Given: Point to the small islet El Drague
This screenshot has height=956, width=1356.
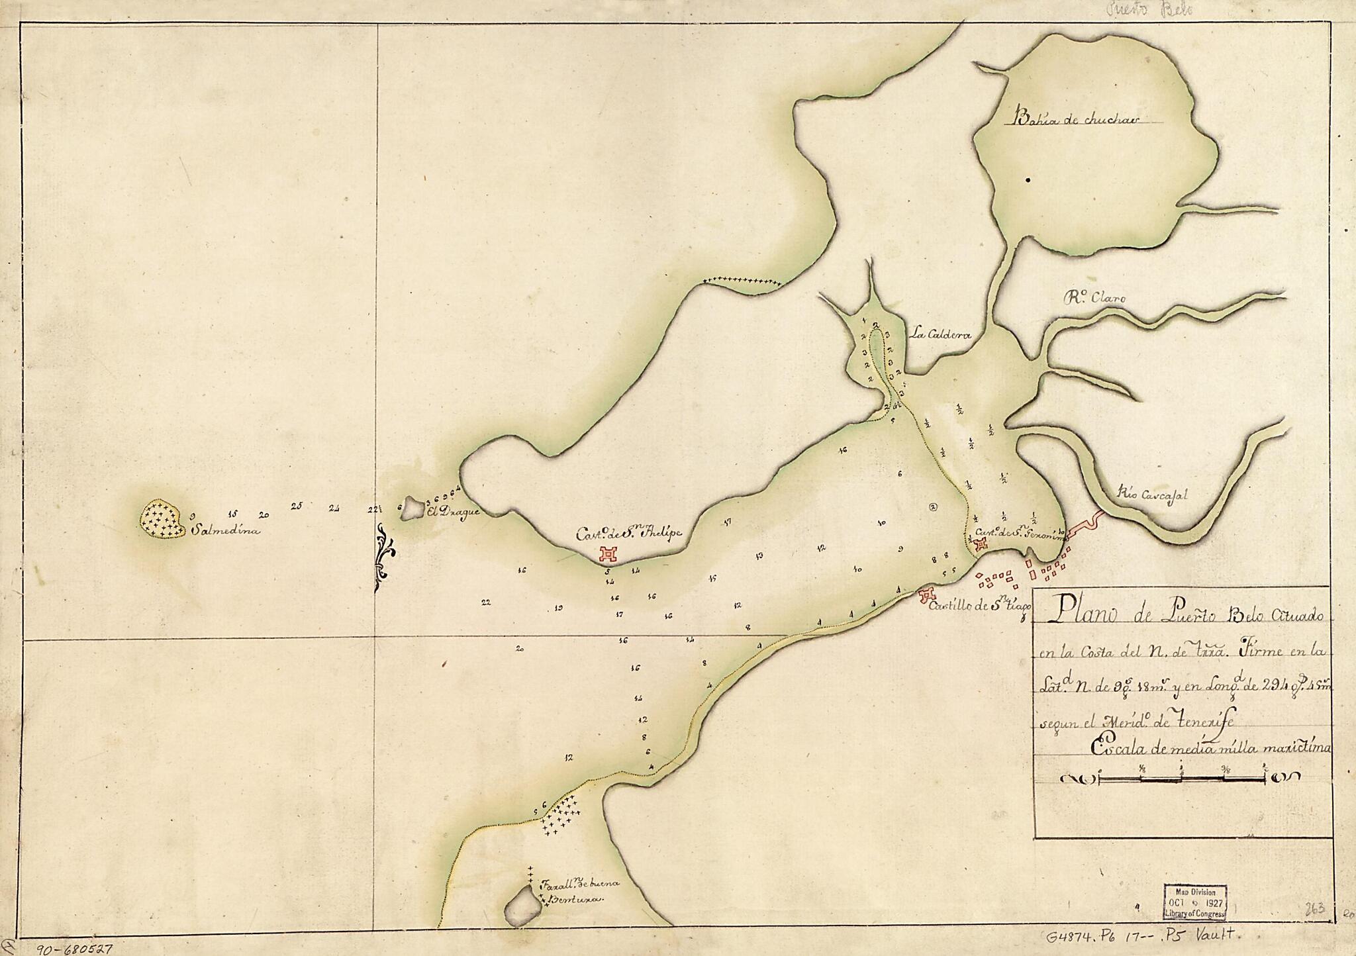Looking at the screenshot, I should point(413,508).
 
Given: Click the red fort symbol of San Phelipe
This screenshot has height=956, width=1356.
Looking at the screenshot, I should point(608,553).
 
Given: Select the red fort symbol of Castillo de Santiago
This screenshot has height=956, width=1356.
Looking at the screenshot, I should point(926,595).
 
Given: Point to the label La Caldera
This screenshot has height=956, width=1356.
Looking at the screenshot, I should point(940,335).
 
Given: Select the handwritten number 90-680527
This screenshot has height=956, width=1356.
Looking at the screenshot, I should point(74,948).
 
